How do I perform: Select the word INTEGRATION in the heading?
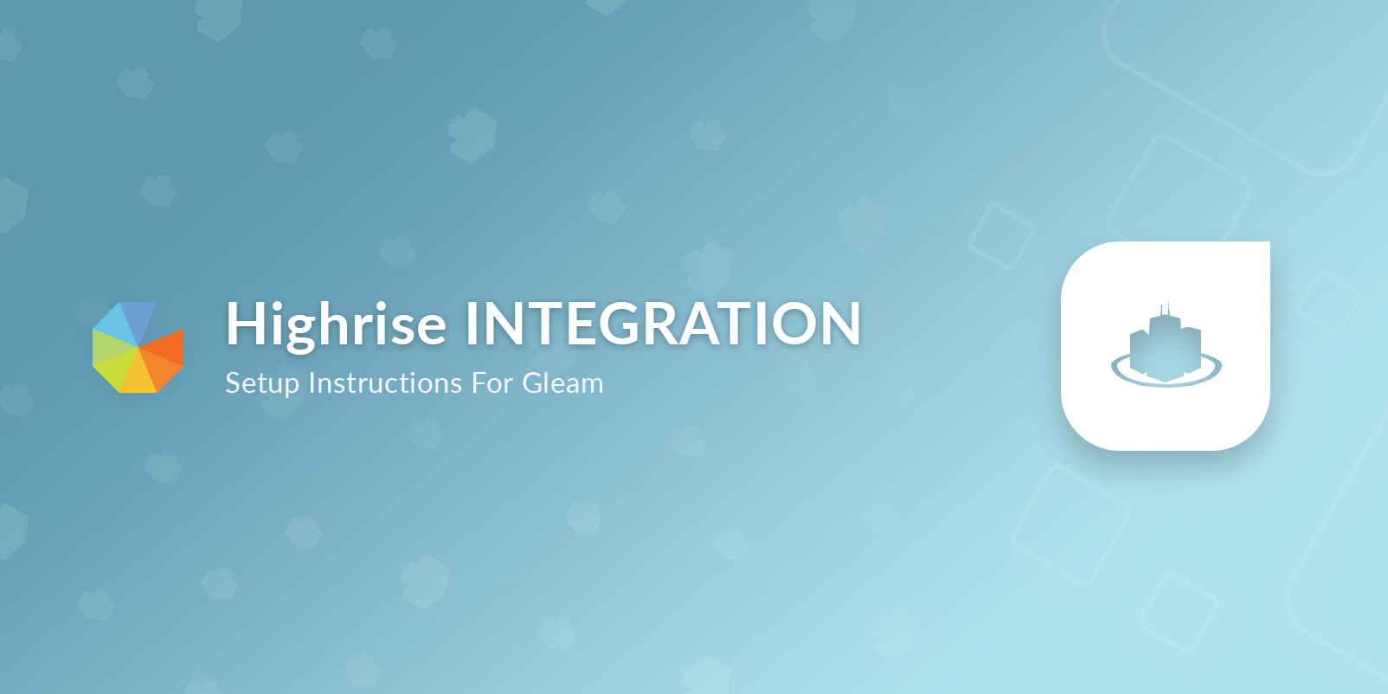[663, 324]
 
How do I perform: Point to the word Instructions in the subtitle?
[385, 382]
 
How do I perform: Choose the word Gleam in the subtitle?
[562, 382]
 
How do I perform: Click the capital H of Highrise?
[246, 324]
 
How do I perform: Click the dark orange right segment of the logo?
[164, 348]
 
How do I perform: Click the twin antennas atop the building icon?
[1165, 309]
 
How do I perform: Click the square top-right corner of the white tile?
[1269, 242]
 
